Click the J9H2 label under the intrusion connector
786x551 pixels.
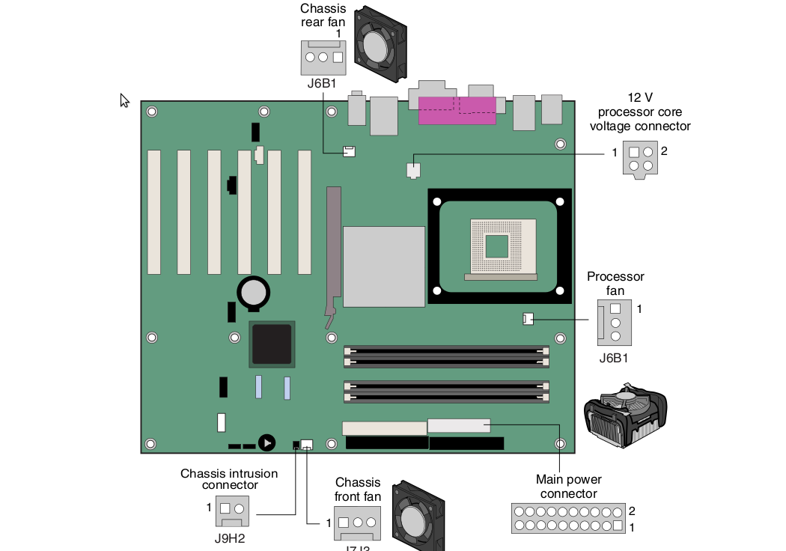[x=230, y=537]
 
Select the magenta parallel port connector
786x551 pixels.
[x=457, y=110]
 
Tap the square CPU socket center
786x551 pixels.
[x=496, y=245]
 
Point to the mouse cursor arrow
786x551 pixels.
[x=124, y=100]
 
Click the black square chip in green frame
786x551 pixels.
[x=272, y=344]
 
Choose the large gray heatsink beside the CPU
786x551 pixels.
[x=384, y=265]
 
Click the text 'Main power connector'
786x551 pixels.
[x=569, y=486]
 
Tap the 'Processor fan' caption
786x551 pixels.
[x=615, y=283]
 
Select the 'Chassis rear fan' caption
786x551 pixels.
[x=323, y=16]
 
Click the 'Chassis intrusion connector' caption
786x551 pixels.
[x=229, y=479]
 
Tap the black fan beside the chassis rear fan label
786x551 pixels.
[x=381, y=43]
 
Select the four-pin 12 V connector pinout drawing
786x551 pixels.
[x=640, y=159]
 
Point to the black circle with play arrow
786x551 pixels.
[x=266, y=443]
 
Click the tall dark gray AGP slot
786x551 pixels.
[x=332, y=251]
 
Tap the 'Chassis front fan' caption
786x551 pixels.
[x=358, y=490]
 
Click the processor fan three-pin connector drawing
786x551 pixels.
[x=615, y=322]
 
